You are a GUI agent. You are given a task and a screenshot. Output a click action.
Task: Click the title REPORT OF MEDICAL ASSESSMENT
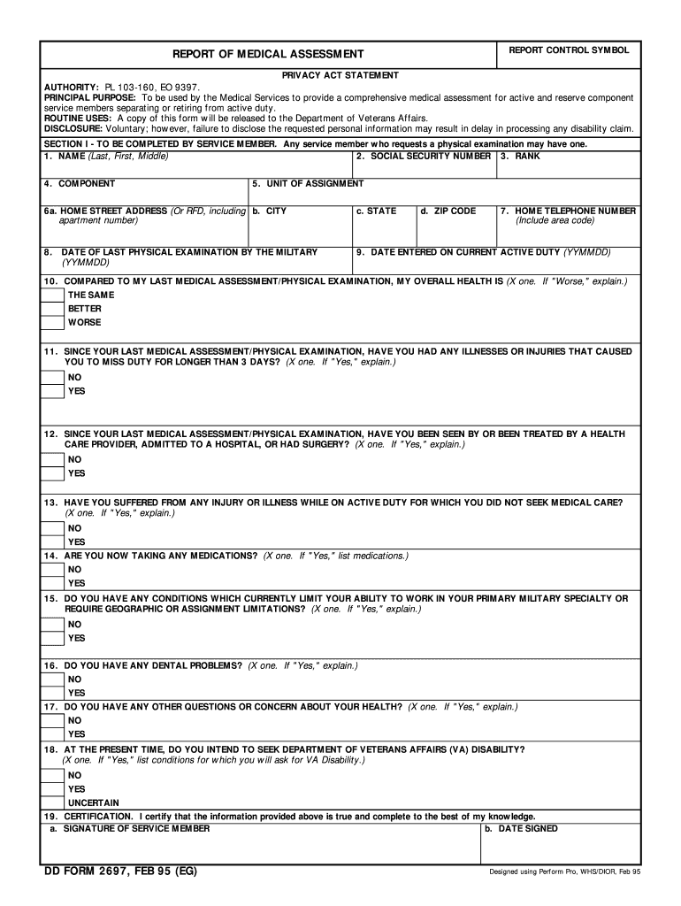pos(267,55)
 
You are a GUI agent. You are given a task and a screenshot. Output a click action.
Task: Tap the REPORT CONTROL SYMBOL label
pos(569,50)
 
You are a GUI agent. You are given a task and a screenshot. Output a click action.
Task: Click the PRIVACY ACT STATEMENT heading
pos(340,75)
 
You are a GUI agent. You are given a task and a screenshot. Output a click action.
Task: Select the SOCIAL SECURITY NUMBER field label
pos(423,156)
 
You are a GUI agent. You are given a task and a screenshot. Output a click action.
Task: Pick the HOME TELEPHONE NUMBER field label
pos(568,211)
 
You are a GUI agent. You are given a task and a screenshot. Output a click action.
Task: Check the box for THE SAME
pos(52,295)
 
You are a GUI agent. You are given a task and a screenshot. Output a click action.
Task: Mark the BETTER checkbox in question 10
pos(52,309)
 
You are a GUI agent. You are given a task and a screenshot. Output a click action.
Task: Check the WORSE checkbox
pos(52,323)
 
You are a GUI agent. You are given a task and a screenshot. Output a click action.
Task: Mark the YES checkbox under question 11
pos(52,391)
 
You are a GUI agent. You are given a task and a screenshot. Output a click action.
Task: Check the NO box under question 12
pos(52,459)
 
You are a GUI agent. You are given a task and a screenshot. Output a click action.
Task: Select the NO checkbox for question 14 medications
pos(52,569)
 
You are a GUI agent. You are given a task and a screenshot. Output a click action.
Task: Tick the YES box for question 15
pos(52,638)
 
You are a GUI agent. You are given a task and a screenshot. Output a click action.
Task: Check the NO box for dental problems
pos(52,679)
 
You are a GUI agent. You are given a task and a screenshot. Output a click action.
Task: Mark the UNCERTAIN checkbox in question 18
pos(52,802)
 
